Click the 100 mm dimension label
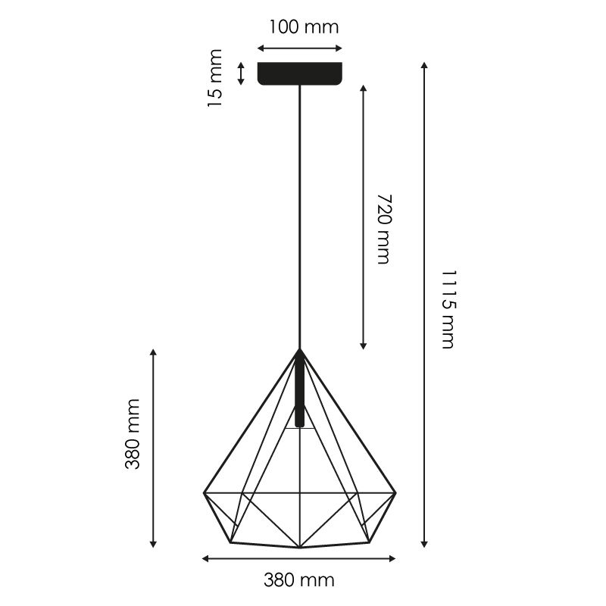(x=304, y=27)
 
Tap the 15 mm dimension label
(x=215, y=78)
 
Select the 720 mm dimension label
(x=384, y=229)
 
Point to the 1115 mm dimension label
(x=449, y=309)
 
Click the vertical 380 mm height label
(x=132, y=434)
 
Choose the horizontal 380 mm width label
(x=299, y=580)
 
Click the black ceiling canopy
(x=300, y=73)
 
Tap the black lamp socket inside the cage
(x=299, y=390)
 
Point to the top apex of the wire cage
(x=299, y=349)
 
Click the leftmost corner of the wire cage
(x=204, y=493)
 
